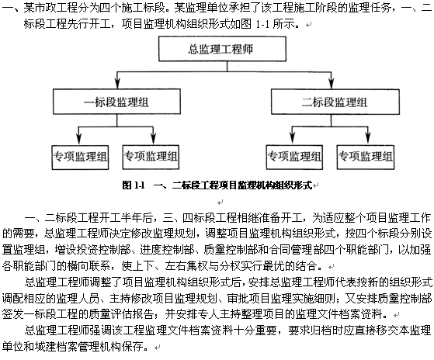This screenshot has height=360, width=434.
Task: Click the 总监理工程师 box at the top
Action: (222, 49)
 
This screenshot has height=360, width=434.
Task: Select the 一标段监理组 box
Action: (116, 102)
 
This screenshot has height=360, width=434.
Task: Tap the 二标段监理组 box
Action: (335, 102)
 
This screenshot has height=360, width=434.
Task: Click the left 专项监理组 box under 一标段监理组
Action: (80, 157)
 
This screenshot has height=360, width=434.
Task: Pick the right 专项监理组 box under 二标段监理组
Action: (366, 157)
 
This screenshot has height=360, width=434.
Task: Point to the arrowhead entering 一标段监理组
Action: (118, 83)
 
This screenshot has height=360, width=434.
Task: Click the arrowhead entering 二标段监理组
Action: (332, 83)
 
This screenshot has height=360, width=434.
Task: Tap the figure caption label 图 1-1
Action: (134, 185)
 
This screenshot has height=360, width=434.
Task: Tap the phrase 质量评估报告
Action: (121, 314)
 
